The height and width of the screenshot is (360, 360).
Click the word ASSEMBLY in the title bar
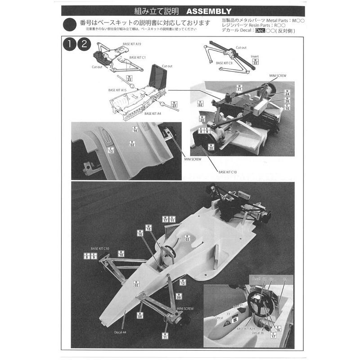tap(209, 11)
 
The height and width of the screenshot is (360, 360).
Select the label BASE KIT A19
tap(132, 44)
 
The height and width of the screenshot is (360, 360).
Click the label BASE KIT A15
tap(117, 90)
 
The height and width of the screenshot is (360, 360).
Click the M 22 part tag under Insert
tap(255, 62)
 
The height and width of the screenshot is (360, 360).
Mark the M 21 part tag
tap(239, 88)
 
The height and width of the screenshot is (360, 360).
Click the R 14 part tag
tap(135, 130)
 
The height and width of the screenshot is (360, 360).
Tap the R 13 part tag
tap(111, 150)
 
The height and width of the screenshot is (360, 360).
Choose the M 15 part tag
tap(148, 228)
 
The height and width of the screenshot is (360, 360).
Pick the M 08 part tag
tap(140, 315)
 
